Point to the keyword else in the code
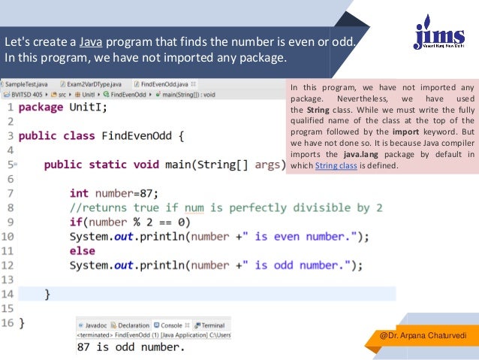click(82, 250)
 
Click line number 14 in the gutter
click(7, 293)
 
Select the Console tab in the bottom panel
click(171, 325)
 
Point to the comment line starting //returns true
click(225, 207)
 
